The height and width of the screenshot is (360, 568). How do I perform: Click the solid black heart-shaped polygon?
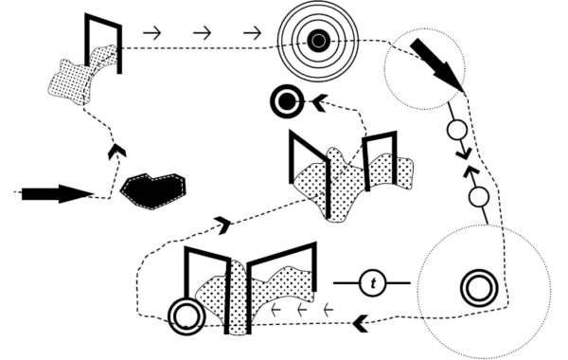[152, 190]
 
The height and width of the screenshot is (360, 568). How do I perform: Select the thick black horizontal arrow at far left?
[57, 193]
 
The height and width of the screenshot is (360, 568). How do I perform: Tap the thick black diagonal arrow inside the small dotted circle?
[436, 64]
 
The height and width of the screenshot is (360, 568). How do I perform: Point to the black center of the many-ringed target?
[318, 40]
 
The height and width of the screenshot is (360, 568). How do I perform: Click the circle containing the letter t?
[373, 282]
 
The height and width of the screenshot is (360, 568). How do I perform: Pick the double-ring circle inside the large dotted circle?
[479, 288]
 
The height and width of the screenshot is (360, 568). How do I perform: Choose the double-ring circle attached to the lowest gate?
[187, 317]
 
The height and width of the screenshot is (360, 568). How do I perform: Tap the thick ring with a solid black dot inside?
[287, 101]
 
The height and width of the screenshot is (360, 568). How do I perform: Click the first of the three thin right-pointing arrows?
[152, 33]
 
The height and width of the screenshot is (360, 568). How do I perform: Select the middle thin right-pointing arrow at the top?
[203, 33]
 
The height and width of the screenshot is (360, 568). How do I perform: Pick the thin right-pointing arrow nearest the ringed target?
[252, 33]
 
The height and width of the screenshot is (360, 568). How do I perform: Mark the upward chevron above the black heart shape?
[117, 151]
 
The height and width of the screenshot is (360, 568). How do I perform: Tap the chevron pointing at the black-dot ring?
[320, 102]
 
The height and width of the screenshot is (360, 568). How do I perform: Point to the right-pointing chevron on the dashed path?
[223, 225]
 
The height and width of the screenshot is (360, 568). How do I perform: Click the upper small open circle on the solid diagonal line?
[457, 130]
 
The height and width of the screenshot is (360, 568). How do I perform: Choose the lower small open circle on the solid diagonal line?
[479, 197]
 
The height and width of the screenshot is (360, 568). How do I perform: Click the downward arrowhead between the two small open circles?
[464, 153]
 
